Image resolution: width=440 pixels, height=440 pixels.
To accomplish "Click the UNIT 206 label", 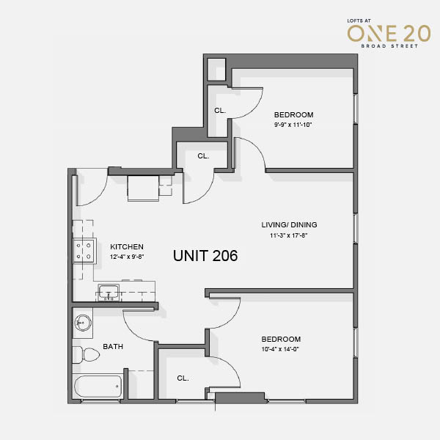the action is pos(205,256).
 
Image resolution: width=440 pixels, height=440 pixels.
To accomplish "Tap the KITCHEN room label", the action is pos(127,246).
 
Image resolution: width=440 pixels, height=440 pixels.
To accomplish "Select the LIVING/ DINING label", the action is pos(290,225).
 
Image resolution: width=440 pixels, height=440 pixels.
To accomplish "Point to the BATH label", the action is pos(113,347).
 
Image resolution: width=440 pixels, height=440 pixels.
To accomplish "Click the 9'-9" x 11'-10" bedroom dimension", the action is pos(293,125).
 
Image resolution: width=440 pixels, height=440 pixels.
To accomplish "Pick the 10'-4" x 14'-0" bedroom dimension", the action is pos(280,349).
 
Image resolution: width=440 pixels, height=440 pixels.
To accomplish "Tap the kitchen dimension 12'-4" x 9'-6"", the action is pos(127,257).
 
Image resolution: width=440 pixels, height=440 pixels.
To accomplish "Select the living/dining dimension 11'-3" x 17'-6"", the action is pos(289,235).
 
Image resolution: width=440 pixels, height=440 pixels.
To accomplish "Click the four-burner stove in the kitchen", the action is pos(84,251).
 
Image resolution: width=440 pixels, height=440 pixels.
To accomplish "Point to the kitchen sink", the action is pos(109,292).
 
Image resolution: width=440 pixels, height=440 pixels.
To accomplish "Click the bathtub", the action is pos(98,386).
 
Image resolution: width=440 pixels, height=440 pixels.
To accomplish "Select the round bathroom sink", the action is pos(83,323).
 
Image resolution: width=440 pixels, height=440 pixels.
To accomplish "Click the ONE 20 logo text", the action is pos(389,34).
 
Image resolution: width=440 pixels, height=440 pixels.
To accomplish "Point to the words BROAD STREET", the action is pos(389,46).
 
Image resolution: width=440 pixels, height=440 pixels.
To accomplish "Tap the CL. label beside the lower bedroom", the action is pos(183,378).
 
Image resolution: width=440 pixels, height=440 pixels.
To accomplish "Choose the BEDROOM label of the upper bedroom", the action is pos(293,115).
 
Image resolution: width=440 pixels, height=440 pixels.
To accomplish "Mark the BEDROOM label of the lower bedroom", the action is pos(281,339).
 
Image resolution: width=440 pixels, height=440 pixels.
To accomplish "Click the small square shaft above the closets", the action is pos(216,70).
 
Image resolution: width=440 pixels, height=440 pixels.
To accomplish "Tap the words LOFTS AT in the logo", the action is pos(359,21).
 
